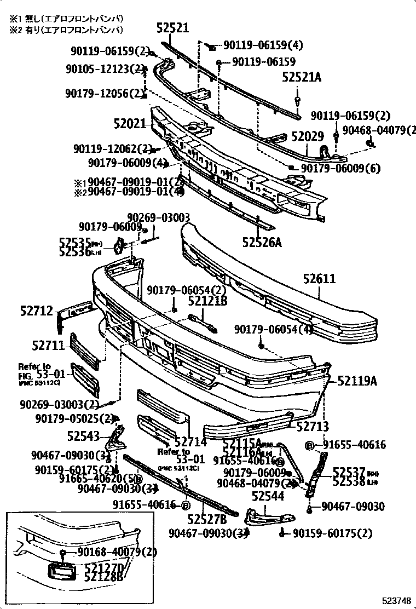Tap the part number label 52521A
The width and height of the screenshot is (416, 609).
pos(302,78)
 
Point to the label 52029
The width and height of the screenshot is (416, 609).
pos(307,136)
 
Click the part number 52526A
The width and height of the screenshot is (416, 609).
pos(262,241)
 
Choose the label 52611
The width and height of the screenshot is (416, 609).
pos(319,279)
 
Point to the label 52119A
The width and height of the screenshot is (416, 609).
pos(357,380)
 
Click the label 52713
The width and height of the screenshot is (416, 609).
pos(312,426)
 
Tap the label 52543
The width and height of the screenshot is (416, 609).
pos(83,436)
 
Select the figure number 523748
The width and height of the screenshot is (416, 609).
pos(396,599)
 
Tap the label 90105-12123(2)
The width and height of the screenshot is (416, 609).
pos(104,68)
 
